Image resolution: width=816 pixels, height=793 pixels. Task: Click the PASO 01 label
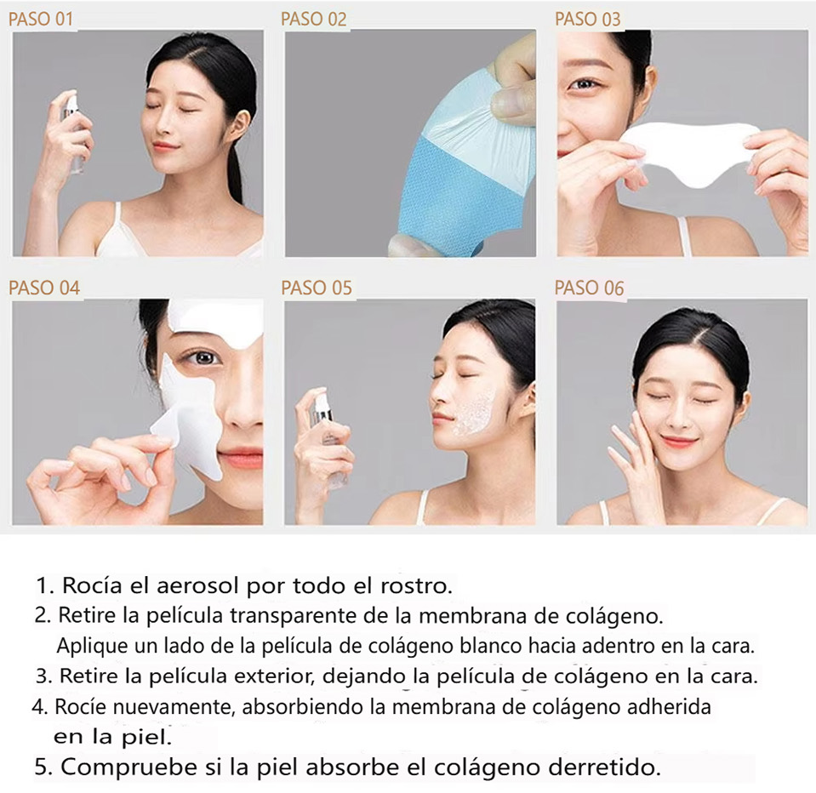click(x=41, y=20)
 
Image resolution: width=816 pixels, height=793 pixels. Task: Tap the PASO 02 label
click(x=313, y=20)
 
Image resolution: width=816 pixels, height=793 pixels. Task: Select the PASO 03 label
click(x=588, y=20)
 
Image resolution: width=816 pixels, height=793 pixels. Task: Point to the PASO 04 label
click(x=44, y=288)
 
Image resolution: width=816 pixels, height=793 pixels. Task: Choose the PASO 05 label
click(x=317, y=288)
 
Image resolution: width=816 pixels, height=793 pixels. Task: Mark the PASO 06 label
click(x=589, y=288)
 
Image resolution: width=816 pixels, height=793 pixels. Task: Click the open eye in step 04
click(x=204, y=357)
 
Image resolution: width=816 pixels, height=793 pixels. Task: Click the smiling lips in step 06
click(x=679, y=443)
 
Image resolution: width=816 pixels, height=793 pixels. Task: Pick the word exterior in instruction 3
click(x=272, y=676)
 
